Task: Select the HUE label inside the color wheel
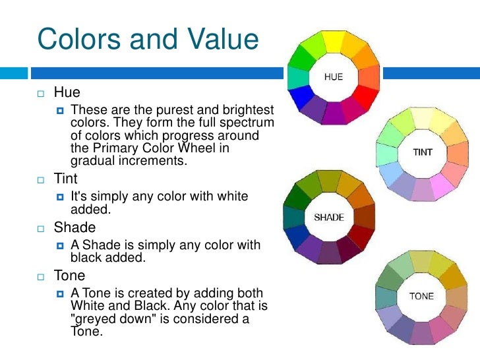pos(333,77)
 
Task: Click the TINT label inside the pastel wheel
pos(423,152)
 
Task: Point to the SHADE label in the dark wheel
pos(329,218)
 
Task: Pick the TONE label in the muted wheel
pos(421,296)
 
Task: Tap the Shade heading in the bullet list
pos(75,228)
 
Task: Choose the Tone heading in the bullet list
pos(69,276)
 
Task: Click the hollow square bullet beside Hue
pos(40,94)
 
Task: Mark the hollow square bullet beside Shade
pos(40,229)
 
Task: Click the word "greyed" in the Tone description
pos(95,320)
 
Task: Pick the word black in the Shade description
pos(89,258)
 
